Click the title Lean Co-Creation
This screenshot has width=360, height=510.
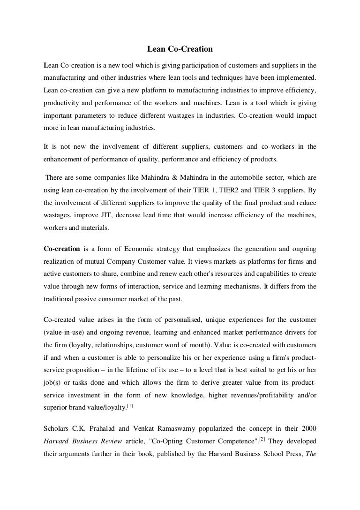(x=180, y=49)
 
